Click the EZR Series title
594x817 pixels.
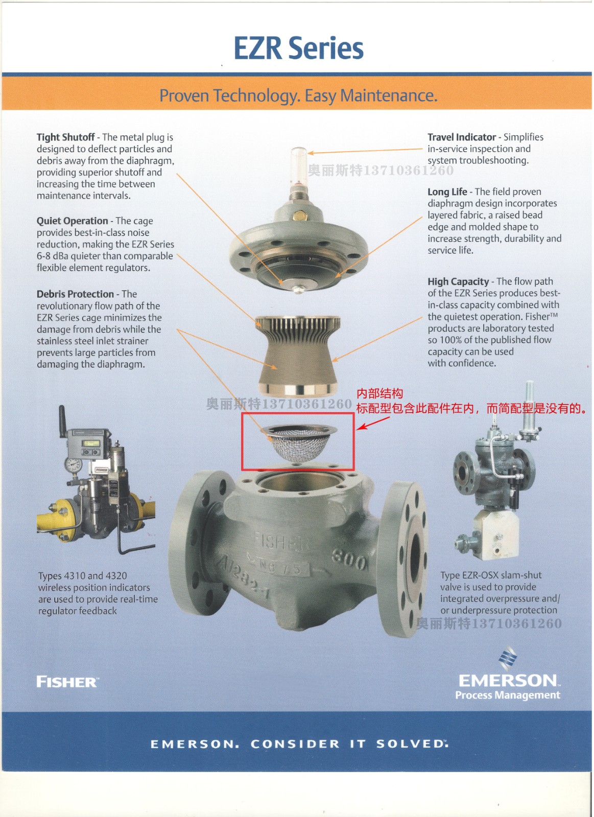click(298, 48)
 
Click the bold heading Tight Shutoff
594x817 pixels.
click(66, 137)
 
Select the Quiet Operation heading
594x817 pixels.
click(72, 221)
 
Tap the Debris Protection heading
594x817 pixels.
click(75, 294)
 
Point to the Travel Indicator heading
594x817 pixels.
click(462, 137)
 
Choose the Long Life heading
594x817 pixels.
click(447, 192)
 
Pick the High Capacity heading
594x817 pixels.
click(458, 281)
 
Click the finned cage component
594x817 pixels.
click(298, 355)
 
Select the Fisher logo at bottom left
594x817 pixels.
click(67, 682)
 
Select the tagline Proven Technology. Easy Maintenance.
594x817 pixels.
click(298, 95)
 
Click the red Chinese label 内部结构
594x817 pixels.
click(379, 394)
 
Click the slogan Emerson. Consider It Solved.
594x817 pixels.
click(299, 744)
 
